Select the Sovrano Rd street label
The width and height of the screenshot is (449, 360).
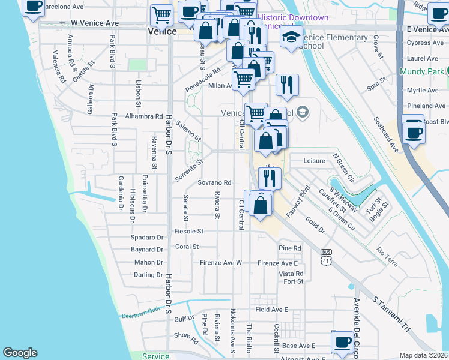coord(214,182)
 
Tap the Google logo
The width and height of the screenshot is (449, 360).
coord(20,353)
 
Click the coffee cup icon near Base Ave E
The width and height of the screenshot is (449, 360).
coord(343,343)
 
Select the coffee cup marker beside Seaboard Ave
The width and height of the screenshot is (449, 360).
coord(413,131)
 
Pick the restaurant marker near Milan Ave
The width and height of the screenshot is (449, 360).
coord(288,85)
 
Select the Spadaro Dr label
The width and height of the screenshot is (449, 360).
coord(148,238)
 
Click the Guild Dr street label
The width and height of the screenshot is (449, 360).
coord(315,226)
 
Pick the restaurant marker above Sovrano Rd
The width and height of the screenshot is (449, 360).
coord(270,178)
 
